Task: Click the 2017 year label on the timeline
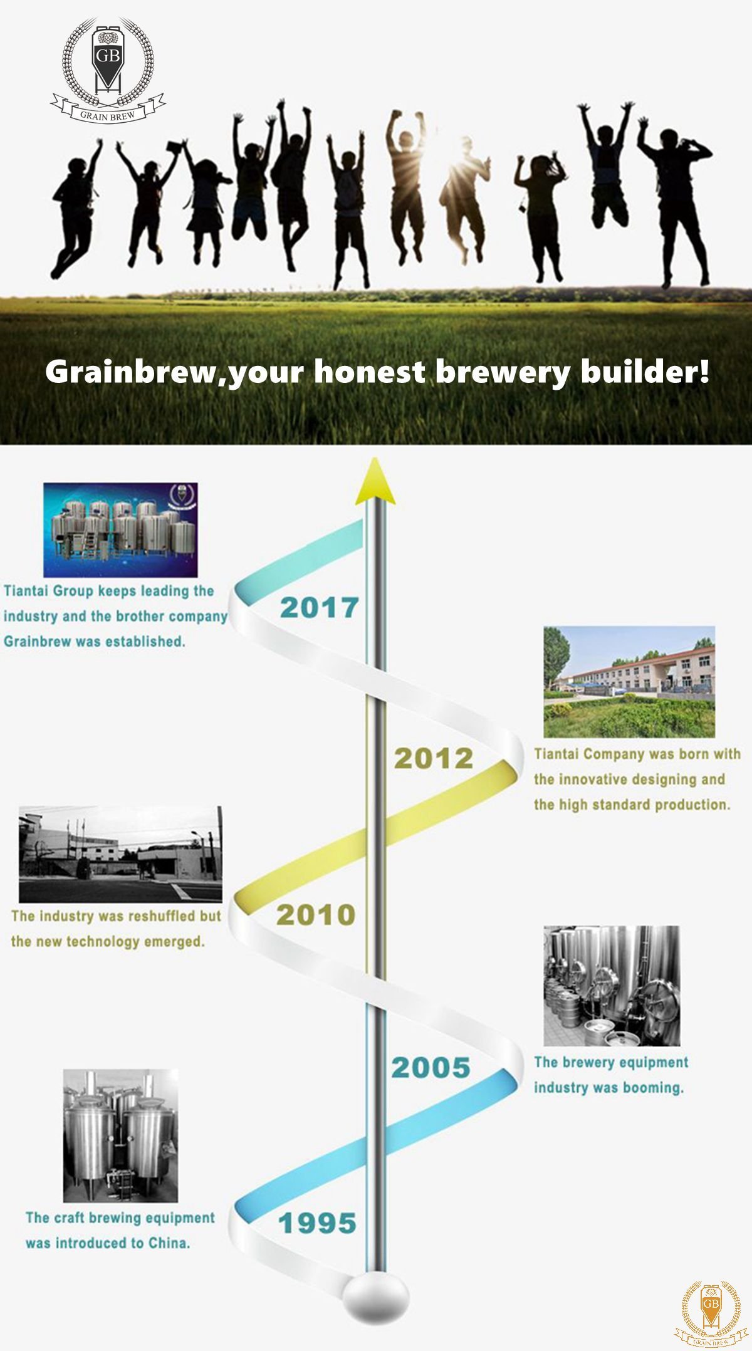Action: [319, 607]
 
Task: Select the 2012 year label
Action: [433, 758]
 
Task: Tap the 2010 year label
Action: [315, 914]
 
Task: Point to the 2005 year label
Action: [431, 1067]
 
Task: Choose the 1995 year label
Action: [317, 1223]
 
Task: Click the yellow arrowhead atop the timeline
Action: [375, 481]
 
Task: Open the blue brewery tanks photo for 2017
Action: [120, 529]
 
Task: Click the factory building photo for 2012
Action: [629, 682]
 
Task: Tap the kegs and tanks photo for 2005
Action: [612, 986]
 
